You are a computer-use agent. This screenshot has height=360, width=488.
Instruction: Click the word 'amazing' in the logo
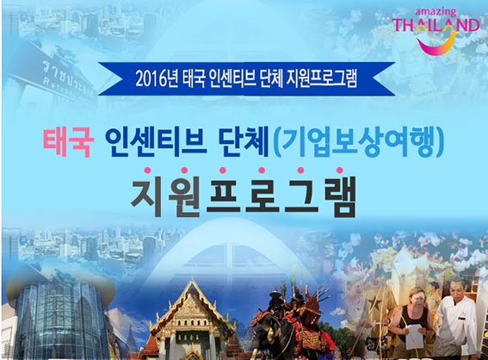pos(435,13)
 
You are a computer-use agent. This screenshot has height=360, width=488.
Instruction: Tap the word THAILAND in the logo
pos(436,26)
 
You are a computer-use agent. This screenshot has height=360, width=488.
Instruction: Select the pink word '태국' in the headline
pos(68,142)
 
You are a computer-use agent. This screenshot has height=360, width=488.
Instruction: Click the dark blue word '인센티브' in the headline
pos(156,142)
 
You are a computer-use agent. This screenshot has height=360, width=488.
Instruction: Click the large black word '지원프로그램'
pos(243,197)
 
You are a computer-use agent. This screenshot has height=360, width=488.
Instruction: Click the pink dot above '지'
pos(147,171)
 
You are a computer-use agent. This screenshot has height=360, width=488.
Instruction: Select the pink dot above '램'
pos(340,171)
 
